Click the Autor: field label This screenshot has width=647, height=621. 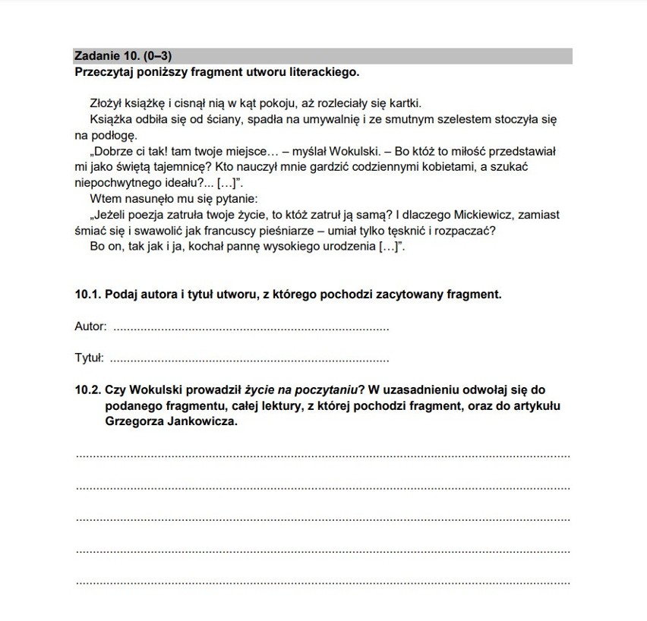click(90, 327)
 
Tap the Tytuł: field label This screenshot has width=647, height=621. click(89, 358)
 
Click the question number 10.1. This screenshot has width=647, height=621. click(87, 295)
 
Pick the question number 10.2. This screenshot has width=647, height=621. click(87, 389)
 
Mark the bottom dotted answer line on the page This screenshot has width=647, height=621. click(323, 582)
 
